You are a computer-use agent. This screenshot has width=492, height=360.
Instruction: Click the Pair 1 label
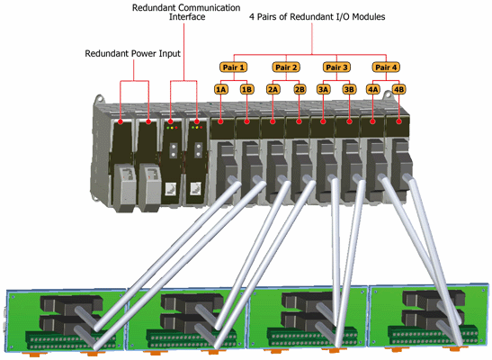click(x=233, y=67)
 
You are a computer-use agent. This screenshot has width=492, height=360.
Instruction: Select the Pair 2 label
click(x=286, y=67)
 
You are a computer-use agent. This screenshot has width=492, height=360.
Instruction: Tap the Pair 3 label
click(x=336, y=67)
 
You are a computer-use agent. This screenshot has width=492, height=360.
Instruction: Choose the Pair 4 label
click(x=386, y=67)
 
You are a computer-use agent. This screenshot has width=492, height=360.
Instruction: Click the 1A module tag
click(x=221, y=90)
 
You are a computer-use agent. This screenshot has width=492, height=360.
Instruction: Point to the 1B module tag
click(x=247, y=90)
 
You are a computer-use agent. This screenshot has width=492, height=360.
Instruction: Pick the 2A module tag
click(x=273, y=90)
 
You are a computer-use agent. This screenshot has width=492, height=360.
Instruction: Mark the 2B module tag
click(x=300, y=90)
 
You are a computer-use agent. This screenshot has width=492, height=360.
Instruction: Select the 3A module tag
click(x=323, y=90)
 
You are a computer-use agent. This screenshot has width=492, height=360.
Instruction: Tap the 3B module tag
click(x=349, y=90)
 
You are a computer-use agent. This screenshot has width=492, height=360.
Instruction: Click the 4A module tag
click(x=372, y=90)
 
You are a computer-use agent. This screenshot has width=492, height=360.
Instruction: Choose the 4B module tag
click(x=398, y=90)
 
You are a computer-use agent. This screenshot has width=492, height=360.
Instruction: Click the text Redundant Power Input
click(x=133, y=54)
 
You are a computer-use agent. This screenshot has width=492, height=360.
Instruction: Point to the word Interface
click(x=187, y=16)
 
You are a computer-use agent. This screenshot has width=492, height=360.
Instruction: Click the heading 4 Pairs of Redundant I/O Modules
click(x=318, y=16)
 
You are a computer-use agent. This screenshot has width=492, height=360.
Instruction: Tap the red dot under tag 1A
click(x=221, y=121)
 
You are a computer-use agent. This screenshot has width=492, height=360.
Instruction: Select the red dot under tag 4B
click(x=398, y=121)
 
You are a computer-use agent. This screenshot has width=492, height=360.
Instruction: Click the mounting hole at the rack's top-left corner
click(x=100, y=99)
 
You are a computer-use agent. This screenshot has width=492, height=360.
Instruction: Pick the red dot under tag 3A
click(x=323, y=121)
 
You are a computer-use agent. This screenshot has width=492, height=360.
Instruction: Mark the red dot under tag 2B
click(x=299, y=121)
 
